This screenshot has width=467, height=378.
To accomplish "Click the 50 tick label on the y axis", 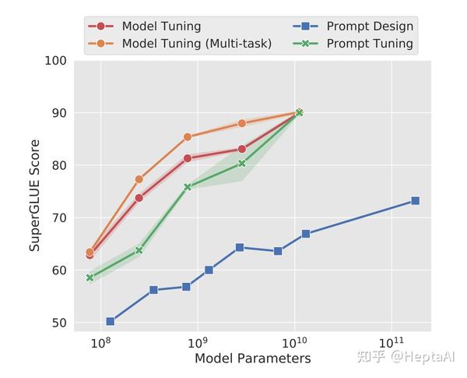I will pos(58,323).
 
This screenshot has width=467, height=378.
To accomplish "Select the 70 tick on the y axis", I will pos(58,218).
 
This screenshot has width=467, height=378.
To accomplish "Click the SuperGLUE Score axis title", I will pos(35,196).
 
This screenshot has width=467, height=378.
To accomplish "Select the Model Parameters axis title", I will pos(252,359).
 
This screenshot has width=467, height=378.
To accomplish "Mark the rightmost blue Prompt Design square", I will pos(415,201).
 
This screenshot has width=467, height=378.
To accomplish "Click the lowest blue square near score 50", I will pos(110,321).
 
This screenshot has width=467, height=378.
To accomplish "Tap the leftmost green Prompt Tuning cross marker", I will pos(90,277).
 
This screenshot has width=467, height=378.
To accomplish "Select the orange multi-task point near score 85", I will pos(188,137).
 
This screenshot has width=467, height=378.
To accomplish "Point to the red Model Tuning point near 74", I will pos(139,198).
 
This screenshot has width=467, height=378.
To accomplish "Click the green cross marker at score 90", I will pos(299,113).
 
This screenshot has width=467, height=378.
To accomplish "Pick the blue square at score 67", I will pos(306,234).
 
